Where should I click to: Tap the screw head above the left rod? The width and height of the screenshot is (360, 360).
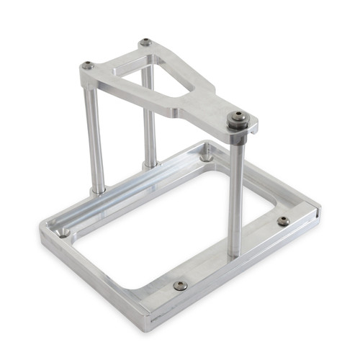[87, 66]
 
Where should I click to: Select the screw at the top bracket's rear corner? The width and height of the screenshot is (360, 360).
[145, 42]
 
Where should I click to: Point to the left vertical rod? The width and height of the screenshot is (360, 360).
[95, 137]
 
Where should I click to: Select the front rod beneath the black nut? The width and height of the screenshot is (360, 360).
[235, 194]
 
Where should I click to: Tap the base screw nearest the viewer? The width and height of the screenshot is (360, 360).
[180, 285]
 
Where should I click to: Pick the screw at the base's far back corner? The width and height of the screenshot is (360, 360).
[207, 153]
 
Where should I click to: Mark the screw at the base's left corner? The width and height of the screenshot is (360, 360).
[64, 232]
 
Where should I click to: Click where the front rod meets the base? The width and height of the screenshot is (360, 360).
[235, 255]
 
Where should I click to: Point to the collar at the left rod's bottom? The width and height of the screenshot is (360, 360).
[98, 191]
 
